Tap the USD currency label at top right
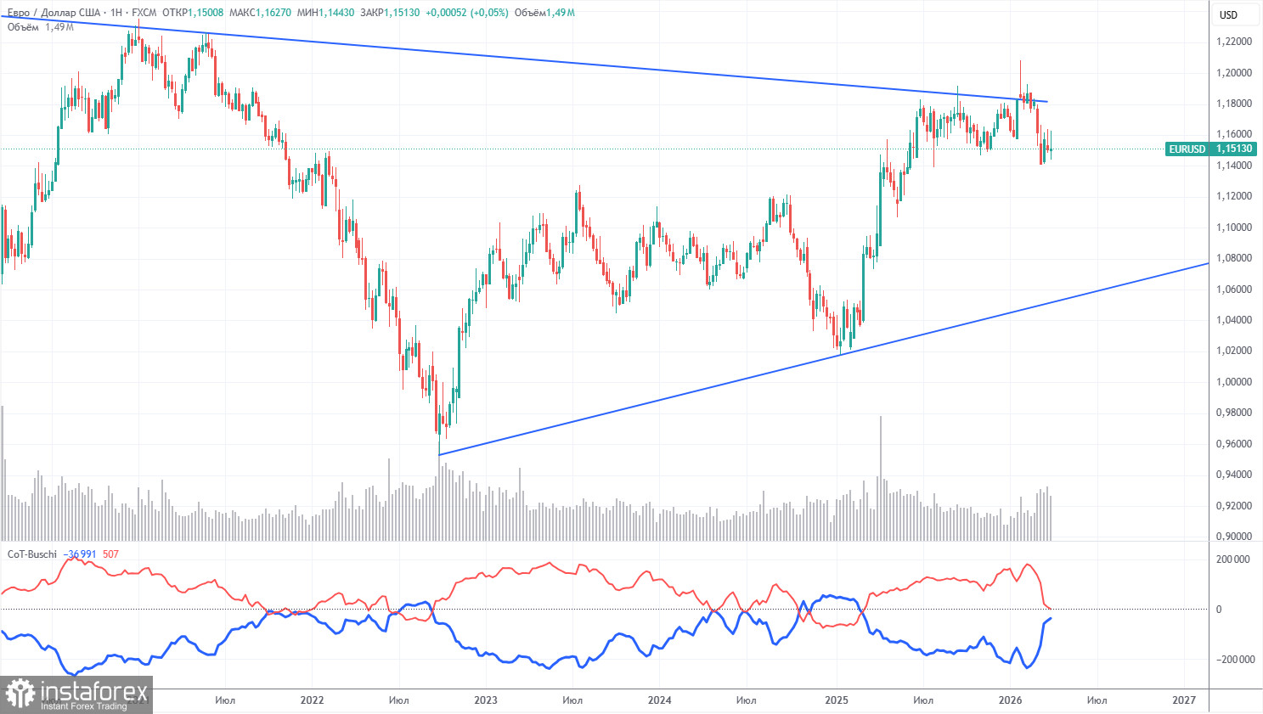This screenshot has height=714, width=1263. [1228, 14]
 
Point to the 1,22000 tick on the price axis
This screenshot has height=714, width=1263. [1233, 42]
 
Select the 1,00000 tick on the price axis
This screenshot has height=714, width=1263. [1233, 382]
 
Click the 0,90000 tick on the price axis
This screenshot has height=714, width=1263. [1233, 537]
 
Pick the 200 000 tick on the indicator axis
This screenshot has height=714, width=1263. [1232, 559]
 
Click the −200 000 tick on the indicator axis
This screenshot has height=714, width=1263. [1231, 660]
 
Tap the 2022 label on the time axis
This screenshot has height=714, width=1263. [312, 700]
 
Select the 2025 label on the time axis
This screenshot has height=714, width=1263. [836, 700]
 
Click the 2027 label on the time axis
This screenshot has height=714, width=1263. [1183, 700]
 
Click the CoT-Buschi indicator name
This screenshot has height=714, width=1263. [32, 554]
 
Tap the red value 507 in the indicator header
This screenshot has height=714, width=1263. [110, 554]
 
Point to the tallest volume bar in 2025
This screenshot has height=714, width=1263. [881, 475]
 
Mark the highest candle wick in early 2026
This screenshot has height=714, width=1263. [1020, 62]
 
